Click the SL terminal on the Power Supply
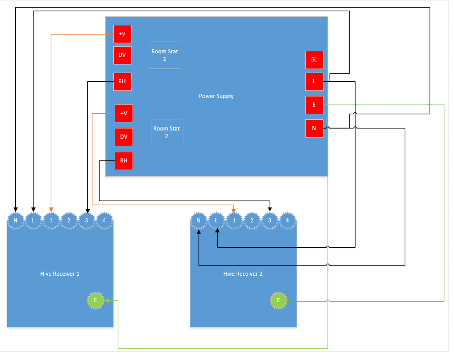(314, 60)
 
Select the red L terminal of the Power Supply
(314, 82)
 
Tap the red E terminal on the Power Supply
(314, 105)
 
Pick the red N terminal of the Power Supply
(314, 128)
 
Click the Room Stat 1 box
(165, 55)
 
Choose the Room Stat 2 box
(167, 133)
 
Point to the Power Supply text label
(216, 96)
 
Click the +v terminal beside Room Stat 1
(122, 34)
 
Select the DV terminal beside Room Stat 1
(122, 55)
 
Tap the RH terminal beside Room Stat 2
(124, 161)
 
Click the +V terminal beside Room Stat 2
(124, 113)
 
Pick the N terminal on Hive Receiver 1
(16, 220)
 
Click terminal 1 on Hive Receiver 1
(51, 220)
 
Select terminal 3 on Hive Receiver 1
(87, 220)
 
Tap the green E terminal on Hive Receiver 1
(95, 300)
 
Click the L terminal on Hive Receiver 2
(216, 220)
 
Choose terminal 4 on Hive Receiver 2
(287, 220)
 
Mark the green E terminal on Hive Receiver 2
(278, 300)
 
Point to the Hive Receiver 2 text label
(243, 274)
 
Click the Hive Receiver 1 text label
(60, 274)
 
